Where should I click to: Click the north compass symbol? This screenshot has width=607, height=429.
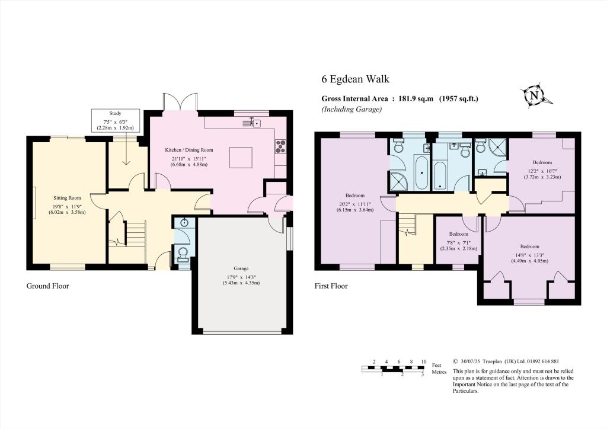[x=535, y=95]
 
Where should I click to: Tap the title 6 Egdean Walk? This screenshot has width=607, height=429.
[x=356, y=79]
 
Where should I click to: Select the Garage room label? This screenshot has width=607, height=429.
[x=241, y=268]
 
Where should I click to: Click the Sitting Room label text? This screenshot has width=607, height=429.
[x=68, y=198]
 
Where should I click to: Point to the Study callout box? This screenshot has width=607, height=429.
[x=115, y=120]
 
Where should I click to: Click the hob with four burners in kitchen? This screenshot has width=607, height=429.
[x=280, y=146]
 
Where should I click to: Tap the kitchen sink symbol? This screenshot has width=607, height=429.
[x=255, y=123]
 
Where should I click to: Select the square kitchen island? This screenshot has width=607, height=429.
[x=241, y=157]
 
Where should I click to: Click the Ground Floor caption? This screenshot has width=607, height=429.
[x=47, y=286]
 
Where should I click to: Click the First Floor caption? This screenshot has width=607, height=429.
[x=331, y=286]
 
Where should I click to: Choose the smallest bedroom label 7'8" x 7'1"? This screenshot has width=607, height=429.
[x=458, y=243]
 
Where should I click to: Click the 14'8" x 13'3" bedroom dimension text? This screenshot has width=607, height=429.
[x=529, y=255]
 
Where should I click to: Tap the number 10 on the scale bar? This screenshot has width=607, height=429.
[x=424, y=361]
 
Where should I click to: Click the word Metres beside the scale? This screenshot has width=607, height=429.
[x=439, y=372]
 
